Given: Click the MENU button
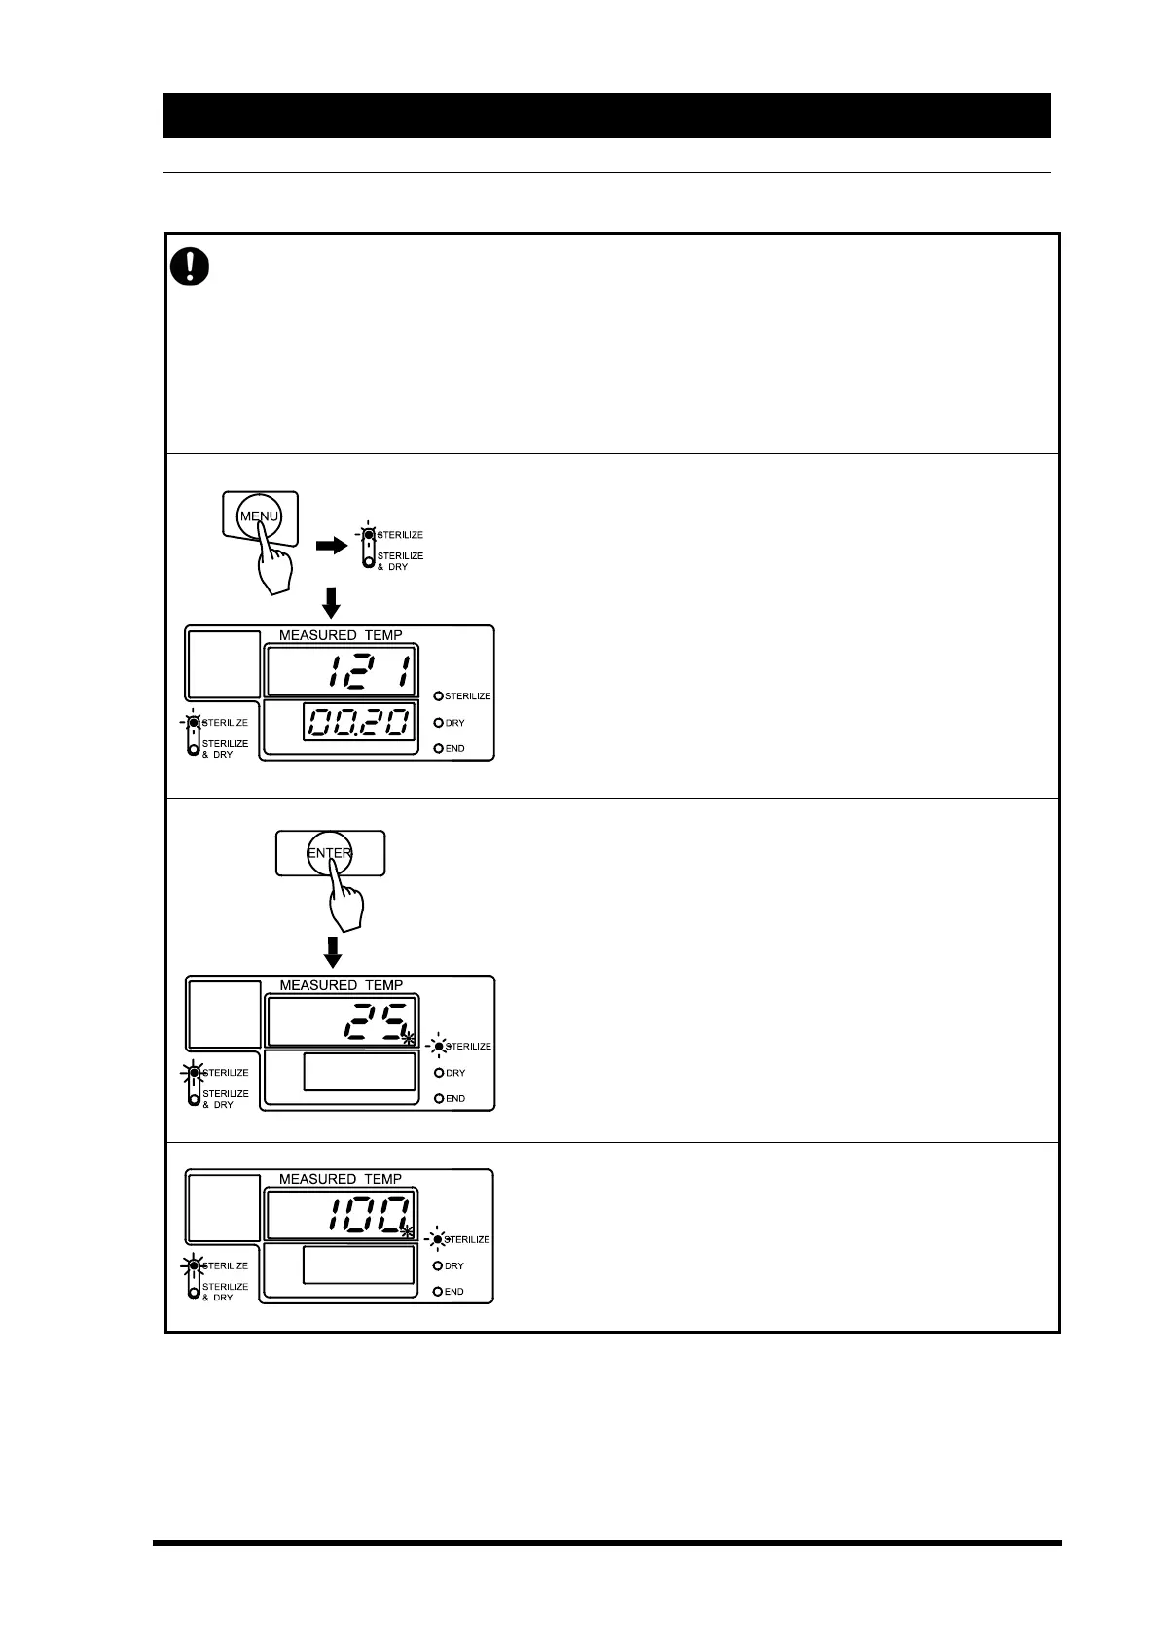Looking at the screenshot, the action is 259,516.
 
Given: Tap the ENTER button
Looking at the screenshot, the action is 330,853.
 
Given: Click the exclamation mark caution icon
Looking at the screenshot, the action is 191,266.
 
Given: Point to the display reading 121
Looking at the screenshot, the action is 341,672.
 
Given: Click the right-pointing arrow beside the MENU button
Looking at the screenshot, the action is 331,547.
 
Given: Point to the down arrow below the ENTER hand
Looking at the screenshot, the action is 333,951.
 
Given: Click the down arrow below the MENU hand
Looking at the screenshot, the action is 331,602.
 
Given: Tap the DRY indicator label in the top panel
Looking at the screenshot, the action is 454,723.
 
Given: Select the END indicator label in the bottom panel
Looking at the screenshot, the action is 454,1292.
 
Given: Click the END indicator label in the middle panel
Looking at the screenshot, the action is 454,1098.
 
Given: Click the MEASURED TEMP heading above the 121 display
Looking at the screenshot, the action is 341,635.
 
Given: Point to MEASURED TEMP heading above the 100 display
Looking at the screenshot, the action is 341,1179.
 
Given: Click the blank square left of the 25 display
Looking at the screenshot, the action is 224,1015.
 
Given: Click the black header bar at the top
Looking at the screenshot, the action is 606,116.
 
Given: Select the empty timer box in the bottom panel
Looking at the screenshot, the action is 359,1265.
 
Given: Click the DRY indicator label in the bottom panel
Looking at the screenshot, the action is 454,1266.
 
